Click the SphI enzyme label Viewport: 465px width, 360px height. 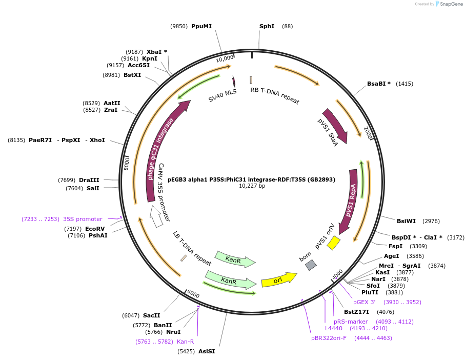[x=267, y=26]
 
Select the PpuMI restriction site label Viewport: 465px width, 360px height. [x=201, y=26]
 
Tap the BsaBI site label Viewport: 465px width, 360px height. [x=378, y=84]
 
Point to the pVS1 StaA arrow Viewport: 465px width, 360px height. [x=336, y=125]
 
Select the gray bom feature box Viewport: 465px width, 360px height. [x=311, y=265]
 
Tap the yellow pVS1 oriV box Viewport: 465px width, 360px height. [x=334, y=242]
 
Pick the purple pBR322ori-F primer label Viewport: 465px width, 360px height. [x=329, y=338]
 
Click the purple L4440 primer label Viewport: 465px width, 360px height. [x=333, y=328]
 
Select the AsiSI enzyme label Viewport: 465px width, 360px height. [x=207, y=351]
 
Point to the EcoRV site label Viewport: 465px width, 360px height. [x=95, y=229]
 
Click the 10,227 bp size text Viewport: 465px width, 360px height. [x=252, y=186]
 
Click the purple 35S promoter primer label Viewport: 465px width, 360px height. [x=83, y=219]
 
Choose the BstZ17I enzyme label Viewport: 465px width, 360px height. [x=356, y=312]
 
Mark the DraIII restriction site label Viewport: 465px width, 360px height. [x=89, y=180]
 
